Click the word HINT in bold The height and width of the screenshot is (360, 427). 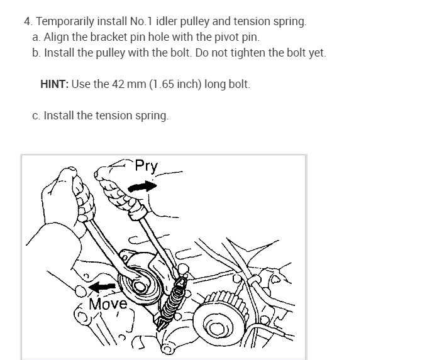[55, 84]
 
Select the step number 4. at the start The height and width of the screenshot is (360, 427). [28, 21]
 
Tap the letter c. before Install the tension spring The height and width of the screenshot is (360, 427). [36, 116]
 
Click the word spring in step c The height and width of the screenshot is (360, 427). [153, 116]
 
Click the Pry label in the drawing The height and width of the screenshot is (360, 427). [147, 166]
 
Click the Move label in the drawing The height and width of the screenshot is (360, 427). [108, 305]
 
